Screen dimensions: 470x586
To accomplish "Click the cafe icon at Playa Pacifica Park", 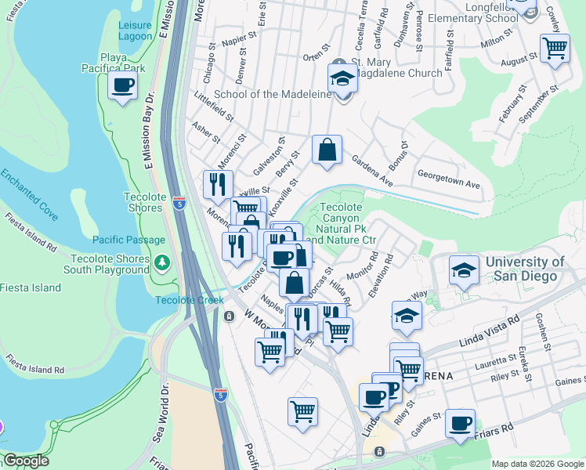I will (123, 86).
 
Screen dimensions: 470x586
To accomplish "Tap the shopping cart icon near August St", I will (555, 49).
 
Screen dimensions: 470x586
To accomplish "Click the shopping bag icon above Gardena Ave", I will (327, 150).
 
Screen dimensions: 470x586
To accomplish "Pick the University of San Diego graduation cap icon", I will (465, 272).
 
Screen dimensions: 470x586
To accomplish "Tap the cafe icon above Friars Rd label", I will (460, 424).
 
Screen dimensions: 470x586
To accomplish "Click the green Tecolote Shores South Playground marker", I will (162, 261).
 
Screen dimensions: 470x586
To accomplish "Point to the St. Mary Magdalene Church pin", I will (338, 63).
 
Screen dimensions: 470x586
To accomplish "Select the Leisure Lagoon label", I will (135, 31).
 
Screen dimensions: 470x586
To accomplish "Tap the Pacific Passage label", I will (128, 240).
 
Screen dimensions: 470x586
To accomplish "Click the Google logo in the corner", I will (26, 461).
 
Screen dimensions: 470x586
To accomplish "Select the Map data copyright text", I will (537, 464).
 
